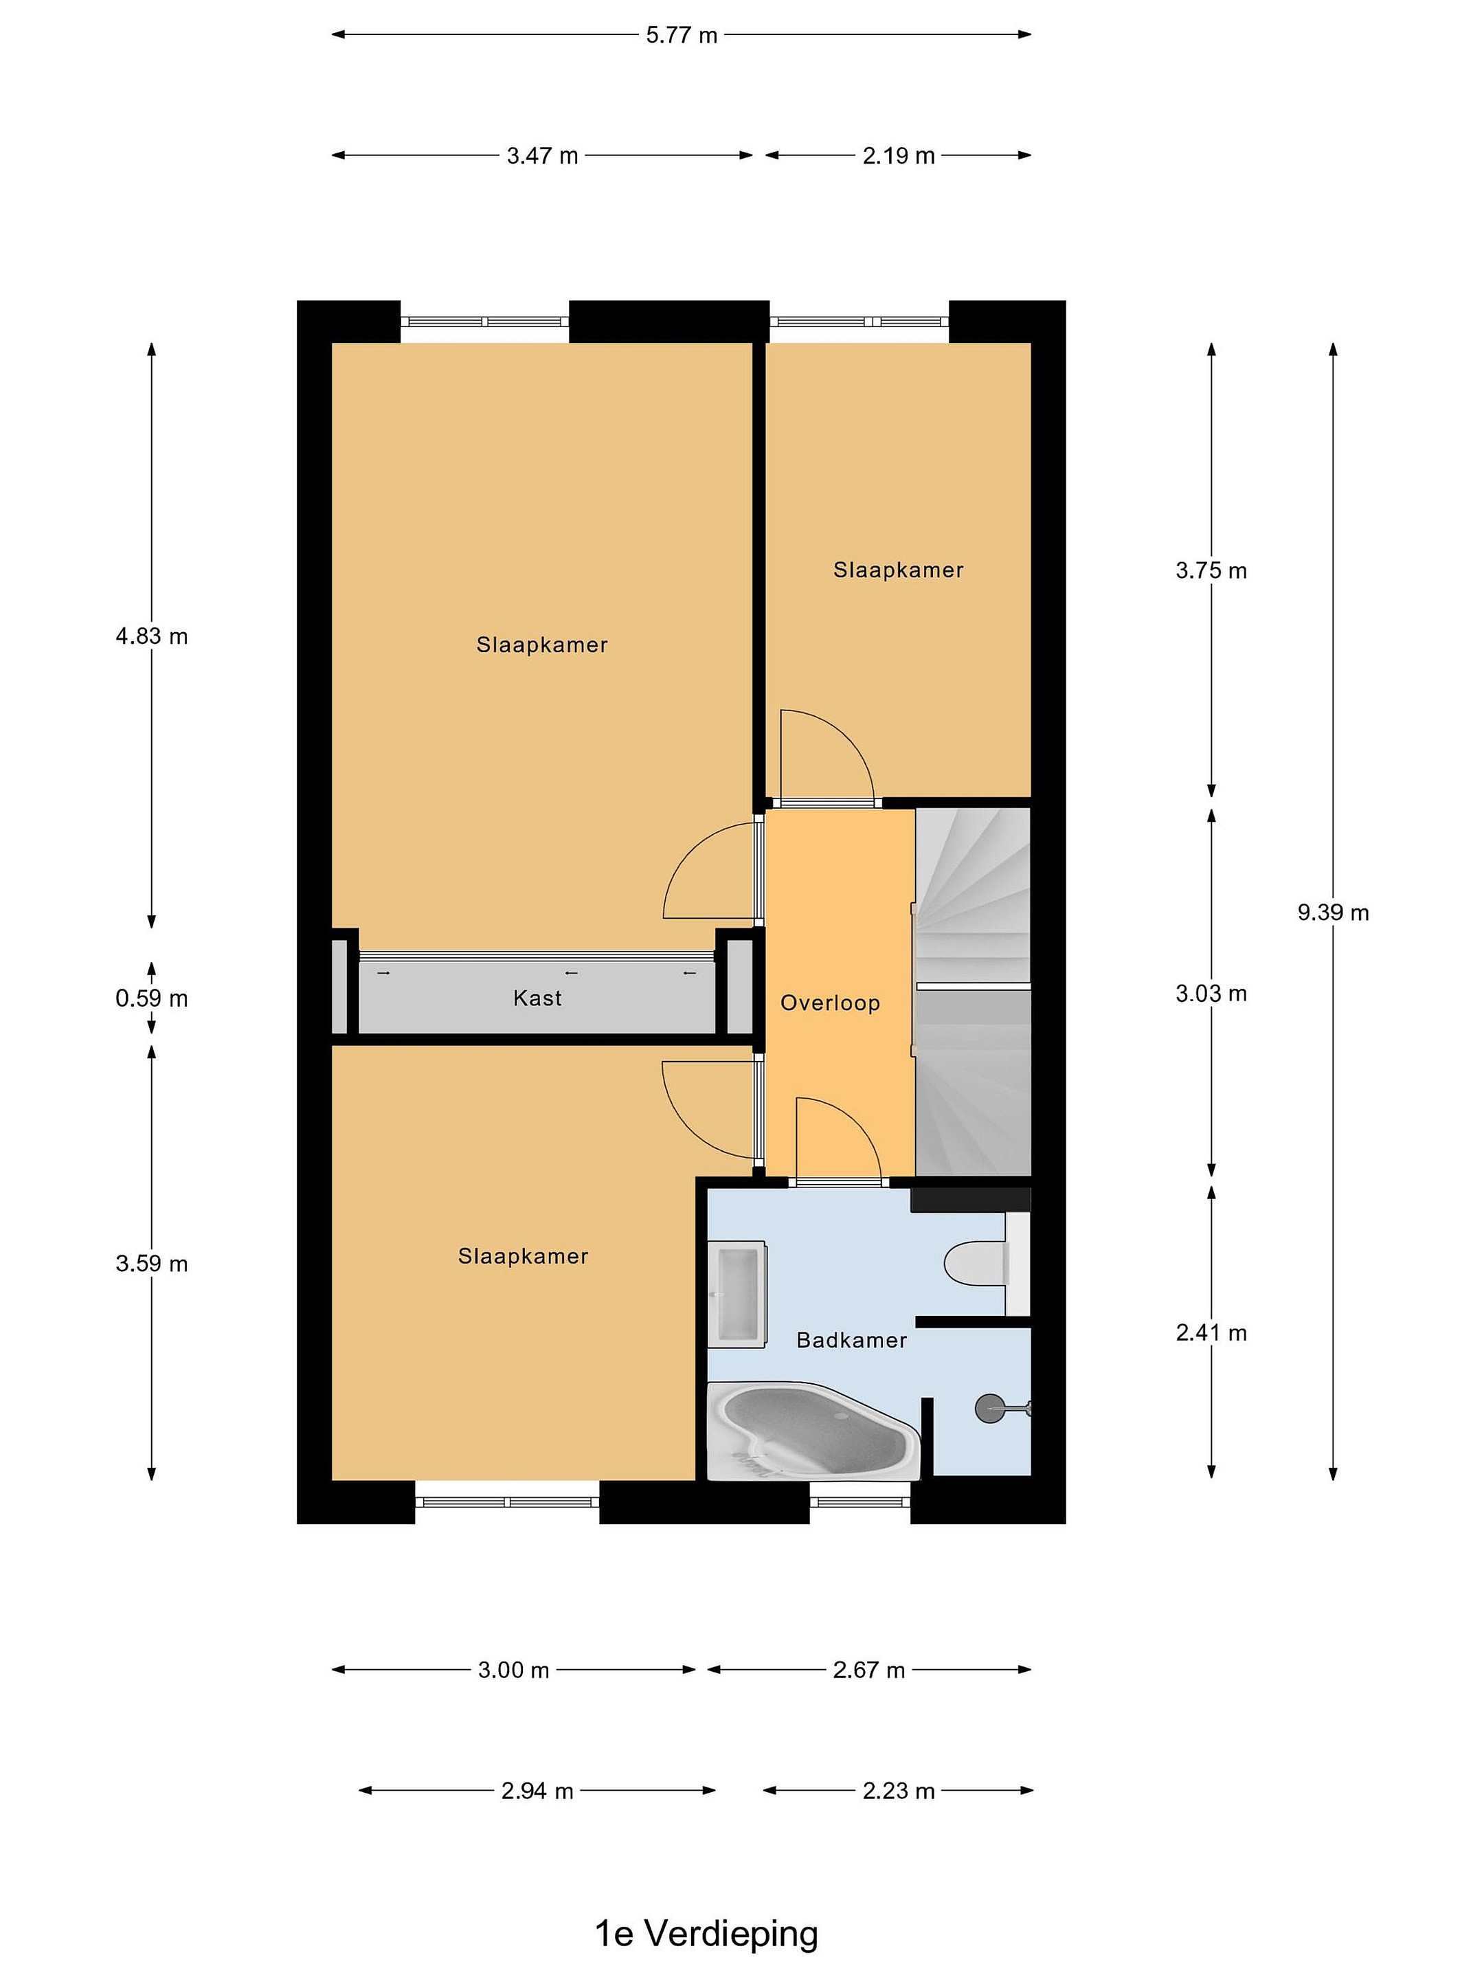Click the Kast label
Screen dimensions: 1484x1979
point(537,998)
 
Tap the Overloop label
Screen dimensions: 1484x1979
point(830,1003)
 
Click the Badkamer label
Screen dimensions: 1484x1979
point(851,1340)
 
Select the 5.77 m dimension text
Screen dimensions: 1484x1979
point(682,35)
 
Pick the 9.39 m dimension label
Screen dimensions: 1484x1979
point(1333,913)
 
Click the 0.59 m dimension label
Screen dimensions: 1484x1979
point(151,998)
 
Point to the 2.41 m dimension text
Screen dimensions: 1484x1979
point(1211,1333)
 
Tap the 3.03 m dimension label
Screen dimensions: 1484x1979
point(1211,993)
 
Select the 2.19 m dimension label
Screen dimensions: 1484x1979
point(898,156)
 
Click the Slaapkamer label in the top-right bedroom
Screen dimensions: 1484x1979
point(898,570)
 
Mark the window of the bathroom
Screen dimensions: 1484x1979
point(859,1502)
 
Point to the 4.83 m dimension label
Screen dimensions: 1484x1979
point(151,636)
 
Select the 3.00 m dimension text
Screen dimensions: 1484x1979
point(513,1670)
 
